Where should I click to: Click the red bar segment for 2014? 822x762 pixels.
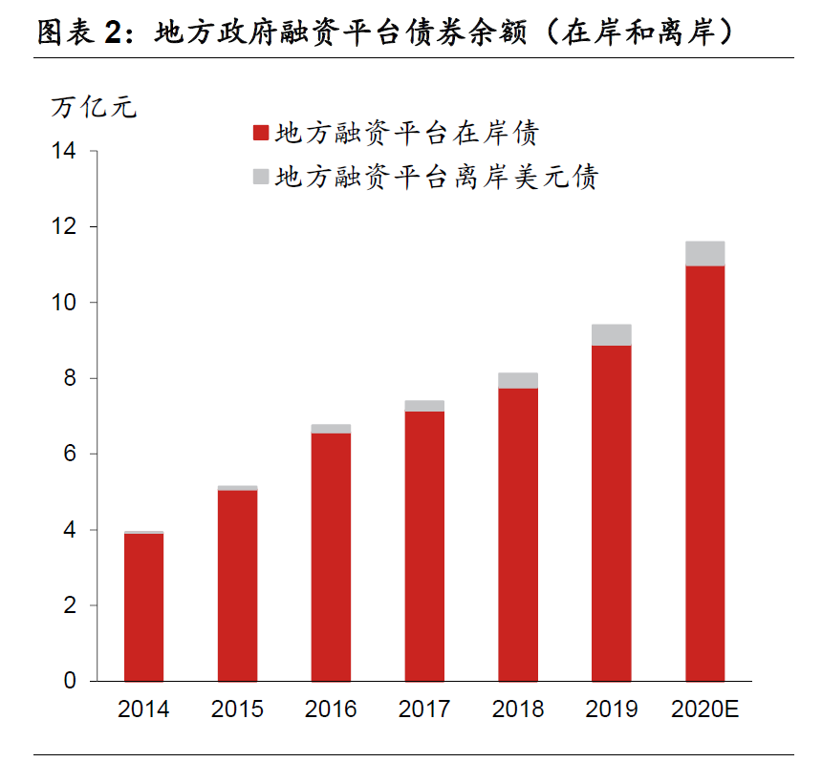(143, 607)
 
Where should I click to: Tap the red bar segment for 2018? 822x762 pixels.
(518, 535)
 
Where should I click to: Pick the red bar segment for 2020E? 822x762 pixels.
(704, 474)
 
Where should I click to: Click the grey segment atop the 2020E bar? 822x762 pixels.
(704, 253)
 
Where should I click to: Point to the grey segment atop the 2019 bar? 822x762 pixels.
(612, 334)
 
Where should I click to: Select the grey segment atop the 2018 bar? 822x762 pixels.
(518, 380)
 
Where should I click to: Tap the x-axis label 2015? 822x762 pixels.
(237, 709)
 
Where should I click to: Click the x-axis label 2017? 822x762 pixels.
(424, 709)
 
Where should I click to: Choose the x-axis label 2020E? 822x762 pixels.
(705, 709)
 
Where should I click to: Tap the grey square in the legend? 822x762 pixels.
(260, 177)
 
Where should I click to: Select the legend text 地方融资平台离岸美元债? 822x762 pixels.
(436, 177)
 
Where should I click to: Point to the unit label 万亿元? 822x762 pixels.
(93, 107)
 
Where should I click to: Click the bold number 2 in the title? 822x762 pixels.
(113, 33)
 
